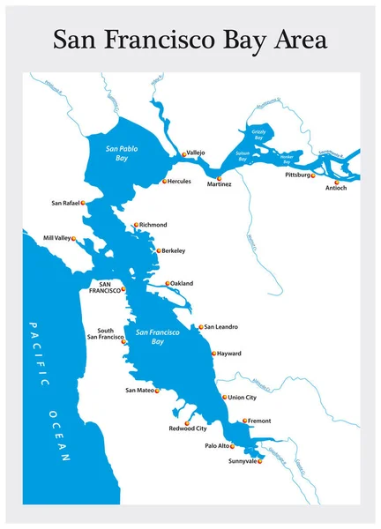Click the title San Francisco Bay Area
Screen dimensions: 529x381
190,40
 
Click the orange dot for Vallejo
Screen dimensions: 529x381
184,154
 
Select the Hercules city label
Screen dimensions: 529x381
178,182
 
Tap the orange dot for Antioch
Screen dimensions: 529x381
336,183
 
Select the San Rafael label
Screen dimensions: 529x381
65,203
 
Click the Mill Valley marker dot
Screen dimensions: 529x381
74,238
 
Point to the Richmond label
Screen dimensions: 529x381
153,225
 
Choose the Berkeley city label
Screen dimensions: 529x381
173,251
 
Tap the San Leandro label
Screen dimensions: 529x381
221,327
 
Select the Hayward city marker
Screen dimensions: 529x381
213,354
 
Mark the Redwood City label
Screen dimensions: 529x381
188,429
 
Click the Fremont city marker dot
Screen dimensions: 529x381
244,421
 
